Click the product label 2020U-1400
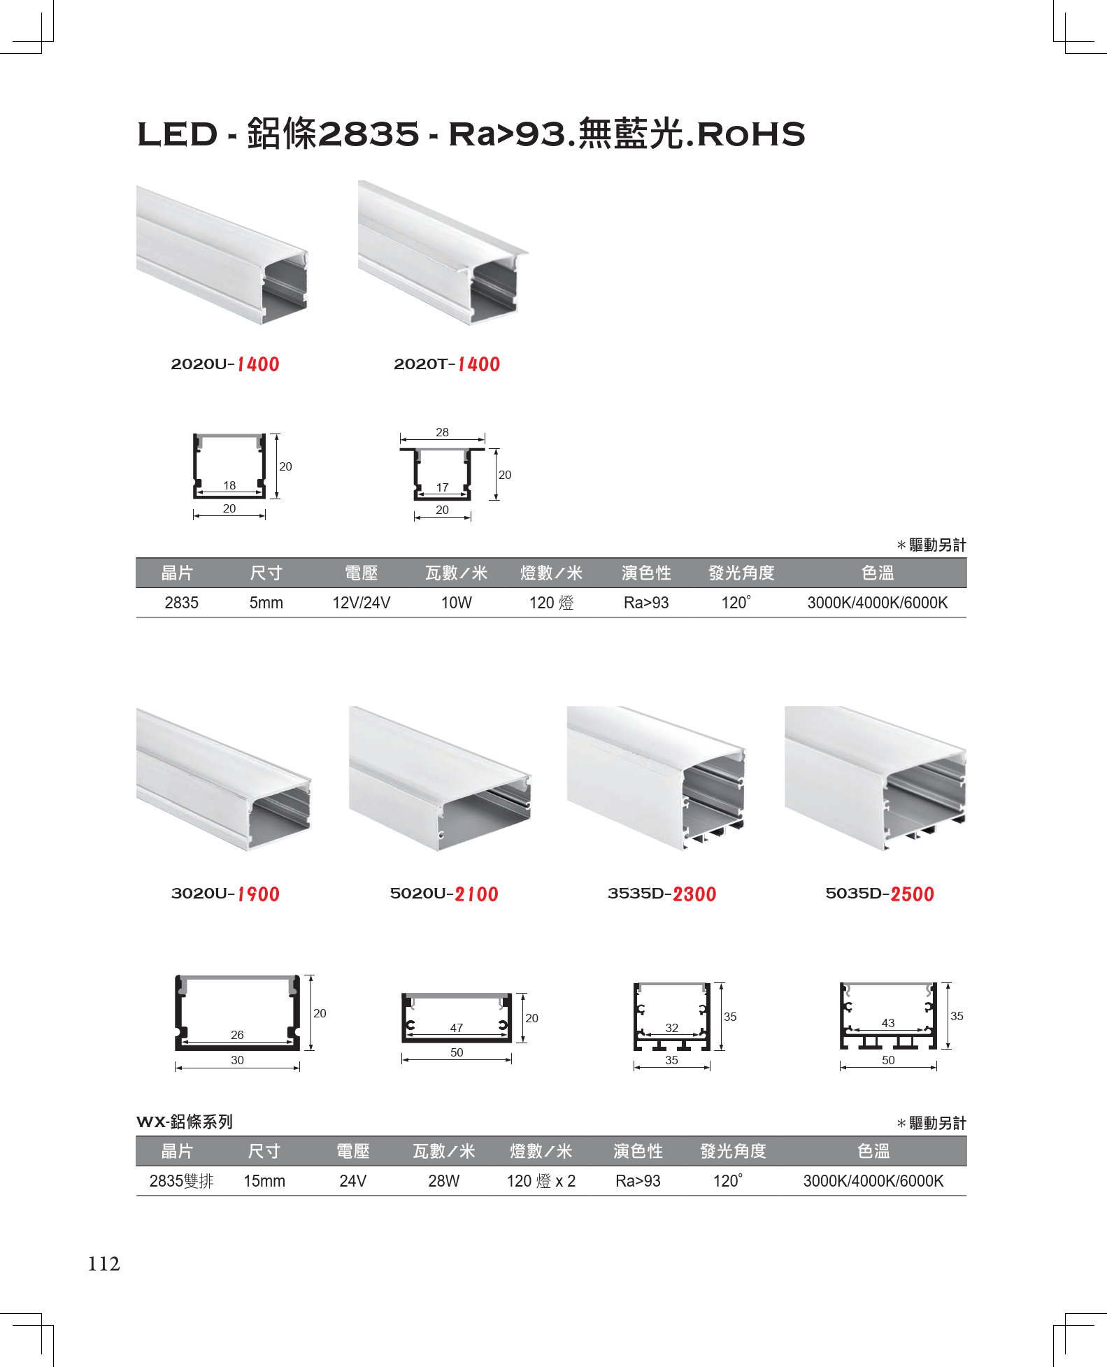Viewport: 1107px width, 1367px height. tap(225, 364)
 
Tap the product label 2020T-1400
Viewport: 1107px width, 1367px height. tap(447, 364)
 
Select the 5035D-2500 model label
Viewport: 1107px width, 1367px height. tap(880, 894)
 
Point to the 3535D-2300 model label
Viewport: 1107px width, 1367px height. tap(662, 894)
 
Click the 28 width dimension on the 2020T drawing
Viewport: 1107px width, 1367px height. tap(442, 432)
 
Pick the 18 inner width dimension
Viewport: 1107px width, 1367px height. tap(229, 485)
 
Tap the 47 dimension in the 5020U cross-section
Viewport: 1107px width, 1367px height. tap(457, 1028)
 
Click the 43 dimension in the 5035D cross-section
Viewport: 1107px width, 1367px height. tap(888, 1023)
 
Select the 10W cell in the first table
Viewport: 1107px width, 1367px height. tap(457, 603)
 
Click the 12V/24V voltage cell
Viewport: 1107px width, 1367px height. tap(362, 603)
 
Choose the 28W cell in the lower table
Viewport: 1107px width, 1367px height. tap(444, 1181)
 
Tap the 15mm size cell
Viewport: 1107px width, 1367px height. tap(264, 1181)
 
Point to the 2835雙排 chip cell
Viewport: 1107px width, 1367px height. tap(181, 1181)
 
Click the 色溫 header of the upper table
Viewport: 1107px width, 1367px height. tap(878, 573)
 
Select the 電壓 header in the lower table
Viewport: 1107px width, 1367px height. tap(353, 1152)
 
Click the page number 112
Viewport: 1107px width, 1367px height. tap(103, 1264)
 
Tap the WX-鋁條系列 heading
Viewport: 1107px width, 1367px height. tap(185, 1122)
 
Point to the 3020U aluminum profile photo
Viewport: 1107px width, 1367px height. tap(224, 779)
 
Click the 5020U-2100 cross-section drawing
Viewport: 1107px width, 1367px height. tap(457, 1017)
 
